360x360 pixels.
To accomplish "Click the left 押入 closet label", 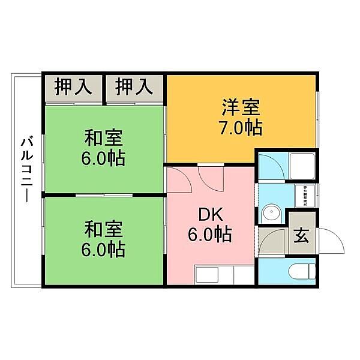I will [x=73, y=88].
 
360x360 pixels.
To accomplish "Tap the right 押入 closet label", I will [x=134, y=88].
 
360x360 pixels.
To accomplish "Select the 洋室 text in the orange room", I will [x=241, y=108].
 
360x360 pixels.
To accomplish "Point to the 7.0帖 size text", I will [x=241, y=128].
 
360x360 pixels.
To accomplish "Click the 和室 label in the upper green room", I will [x=103, y=138].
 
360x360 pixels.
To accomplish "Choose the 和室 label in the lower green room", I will [x=103, y=229].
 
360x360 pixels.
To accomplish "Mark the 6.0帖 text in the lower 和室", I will [x=103, y=249].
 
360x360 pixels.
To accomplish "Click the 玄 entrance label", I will [x=301, y=235].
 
